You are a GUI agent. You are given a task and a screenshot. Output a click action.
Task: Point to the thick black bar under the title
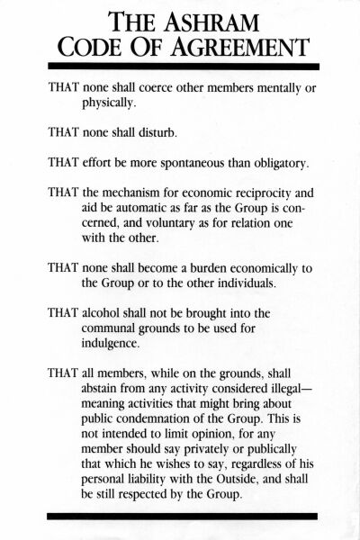pyautogui.click(x=180, y=67)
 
